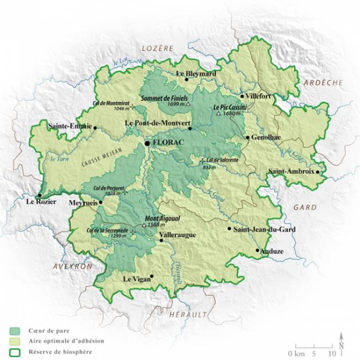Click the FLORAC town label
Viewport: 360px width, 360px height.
click(x=167, y=143)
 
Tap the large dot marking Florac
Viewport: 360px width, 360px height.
click(x=147, y=143)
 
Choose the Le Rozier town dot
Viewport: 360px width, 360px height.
click(x=39, y=195)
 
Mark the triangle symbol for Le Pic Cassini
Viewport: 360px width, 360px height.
click(x=219, y=114)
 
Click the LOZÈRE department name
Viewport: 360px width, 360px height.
click(x=158, y=49)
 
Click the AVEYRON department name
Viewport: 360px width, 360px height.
click(x=73, y=266)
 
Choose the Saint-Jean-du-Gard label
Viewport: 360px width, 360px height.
click(x=264, y=229)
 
